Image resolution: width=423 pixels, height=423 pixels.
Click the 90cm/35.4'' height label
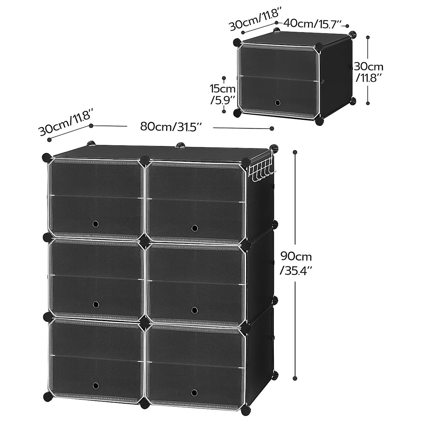click(296, 263)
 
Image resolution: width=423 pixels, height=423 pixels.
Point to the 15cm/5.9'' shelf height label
click(223, 94)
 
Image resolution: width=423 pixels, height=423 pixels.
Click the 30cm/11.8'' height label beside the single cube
click(368, 72)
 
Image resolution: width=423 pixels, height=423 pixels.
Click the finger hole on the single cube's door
click(277, 103)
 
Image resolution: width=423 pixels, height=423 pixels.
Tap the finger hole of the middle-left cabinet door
click(95, 304)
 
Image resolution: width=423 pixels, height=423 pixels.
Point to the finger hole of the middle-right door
click(194, 310)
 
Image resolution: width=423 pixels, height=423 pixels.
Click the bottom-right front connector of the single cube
click(319, 121)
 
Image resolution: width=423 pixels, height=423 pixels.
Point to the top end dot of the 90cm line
click(295, 152)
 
